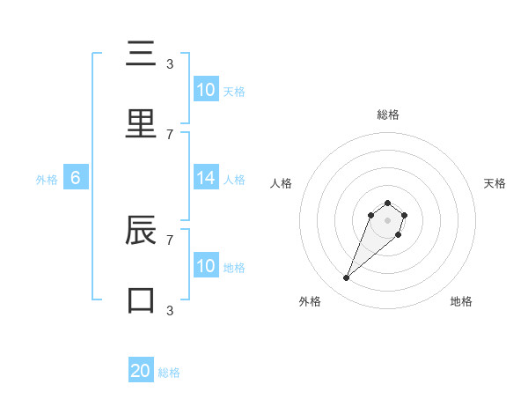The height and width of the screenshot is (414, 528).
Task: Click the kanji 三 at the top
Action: point(141,54)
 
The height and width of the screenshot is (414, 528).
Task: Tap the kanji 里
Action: point(141,122)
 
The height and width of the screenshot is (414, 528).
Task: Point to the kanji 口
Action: point(141,299)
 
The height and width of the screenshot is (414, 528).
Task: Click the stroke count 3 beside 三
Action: point(170,63)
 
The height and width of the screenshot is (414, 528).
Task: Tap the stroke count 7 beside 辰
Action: point(170,239)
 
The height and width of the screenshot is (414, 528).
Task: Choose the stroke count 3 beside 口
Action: point(170,309)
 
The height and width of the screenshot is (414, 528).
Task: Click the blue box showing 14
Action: point(206,178)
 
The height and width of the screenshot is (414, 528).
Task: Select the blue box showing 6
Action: point(76,178)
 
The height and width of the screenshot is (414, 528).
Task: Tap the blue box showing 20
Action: point(141,371)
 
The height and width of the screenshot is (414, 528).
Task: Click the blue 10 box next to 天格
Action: point(206,90)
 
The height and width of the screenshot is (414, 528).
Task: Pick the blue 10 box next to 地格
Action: point(206,266)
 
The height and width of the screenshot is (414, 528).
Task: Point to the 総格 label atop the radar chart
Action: point(388,115)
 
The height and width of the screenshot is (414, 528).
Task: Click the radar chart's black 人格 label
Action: point(282,183)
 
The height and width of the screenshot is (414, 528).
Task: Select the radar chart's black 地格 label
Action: point(461,301)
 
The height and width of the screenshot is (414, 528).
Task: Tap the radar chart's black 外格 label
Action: point(310,301)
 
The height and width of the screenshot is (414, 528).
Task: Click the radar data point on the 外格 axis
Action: point(347,278)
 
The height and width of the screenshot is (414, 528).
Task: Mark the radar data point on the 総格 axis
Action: point(387,203)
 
